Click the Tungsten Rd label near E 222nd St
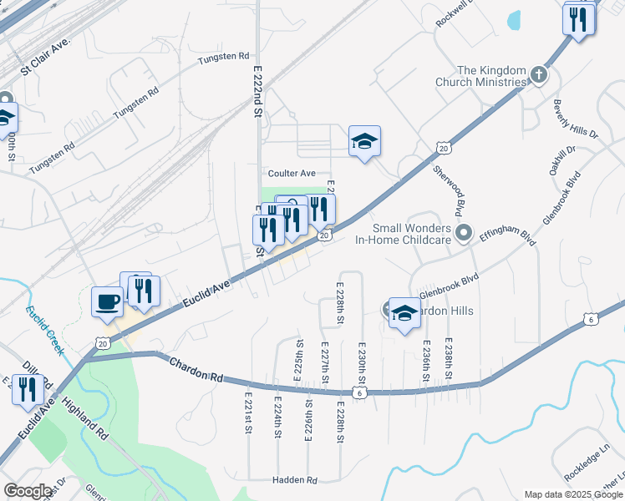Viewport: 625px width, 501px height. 224,57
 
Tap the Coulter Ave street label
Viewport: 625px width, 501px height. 291,173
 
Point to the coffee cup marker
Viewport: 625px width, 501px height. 106,301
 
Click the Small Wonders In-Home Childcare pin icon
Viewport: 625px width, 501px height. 465,231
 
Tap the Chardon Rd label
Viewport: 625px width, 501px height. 196,370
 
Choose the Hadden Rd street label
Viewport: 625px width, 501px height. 294,480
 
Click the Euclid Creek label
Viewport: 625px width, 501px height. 44,330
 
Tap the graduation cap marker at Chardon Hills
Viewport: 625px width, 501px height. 404,313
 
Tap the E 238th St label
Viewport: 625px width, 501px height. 449,357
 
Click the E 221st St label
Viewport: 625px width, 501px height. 248,413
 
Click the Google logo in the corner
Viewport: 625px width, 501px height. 28,491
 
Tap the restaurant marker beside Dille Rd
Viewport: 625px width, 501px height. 28,389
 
